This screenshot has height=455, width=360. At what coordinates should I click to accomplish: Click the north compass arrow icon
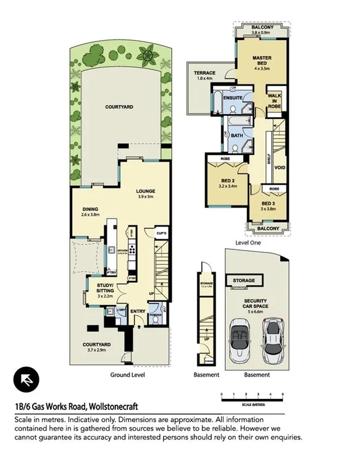(26, 378)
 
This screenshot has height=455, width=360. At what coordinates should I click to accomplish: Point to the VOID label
(280, 167)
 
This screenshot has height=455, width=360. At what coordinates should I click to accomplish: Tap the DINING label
(90, 209)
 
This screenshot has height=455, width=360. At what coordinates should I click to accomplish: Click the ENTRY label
(137, 311)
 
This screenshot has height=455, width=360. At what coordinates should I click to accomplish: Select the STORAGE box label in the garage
(243, 281)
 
